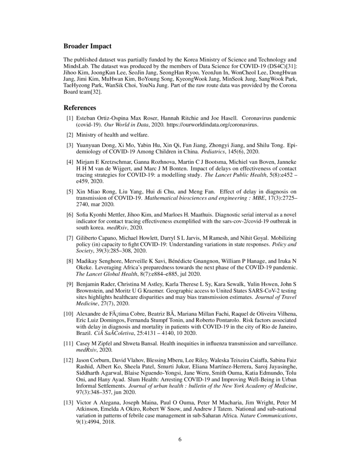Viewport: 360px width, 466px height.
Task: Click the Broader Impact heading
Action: pyautogui.click(x=87, y=46)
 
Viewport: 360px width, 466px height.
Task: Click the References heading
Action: pyautogui.click(x=80, y=108)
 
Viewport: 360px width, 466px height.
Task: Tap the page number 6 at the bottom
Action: pyautogui.click(x=180, y=440)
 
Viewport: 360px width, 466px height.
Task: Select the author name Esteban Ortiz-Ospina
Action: pyautogui.click(x=99, y=118)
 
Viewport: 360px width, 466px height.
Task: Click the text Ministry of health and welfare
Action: pyautogui.click(x=112, y=135)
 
